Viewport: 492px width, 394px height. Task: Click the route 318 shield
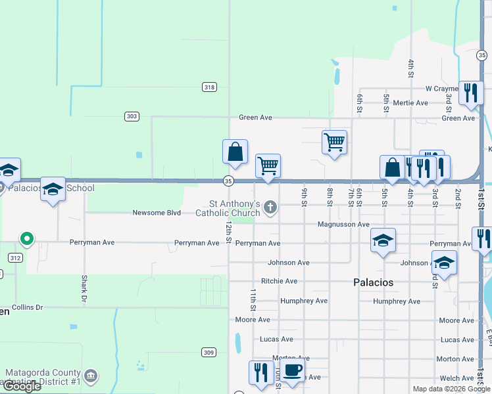[209, 87]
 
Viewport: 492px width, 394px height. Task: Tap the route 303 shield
[132, 116]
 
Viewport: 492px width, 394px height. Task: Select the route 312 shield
[15, 257]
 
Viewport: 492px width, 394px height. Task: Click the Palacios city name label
[372, 282]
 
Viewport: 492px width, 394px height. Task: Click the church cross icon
[270, 209]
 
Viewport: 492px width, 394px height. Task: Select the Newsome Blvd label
[156, 213]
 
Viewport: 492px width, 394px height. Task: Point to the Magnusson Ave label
[343, 224]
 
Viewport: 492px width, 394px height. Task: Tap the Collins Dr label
[27, 307]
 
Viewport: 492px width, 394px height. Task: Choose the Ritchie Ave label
[280, 281]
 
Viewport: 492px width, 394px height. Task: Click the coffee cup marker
[292, 370]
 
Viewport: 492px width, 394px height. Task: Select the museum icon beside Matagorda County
[91, 376]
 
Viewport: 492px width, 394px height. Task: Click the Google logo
[22, 386]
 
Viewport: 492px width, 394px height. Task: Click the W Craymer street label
[441, 89]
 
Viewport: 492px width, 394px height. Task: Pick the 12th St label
[228, 231]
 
